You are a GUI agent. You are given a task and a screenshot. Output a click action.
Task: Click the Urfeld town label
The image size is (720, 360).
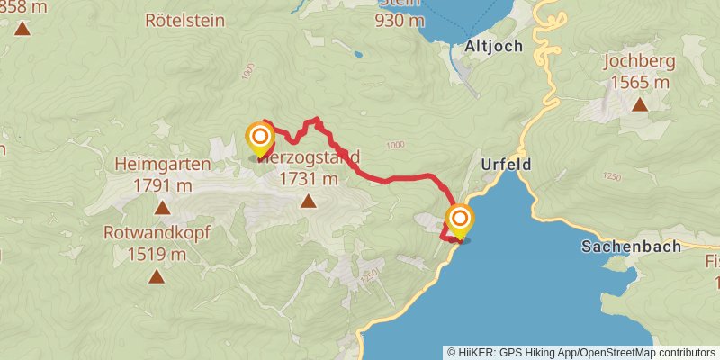(506, 165)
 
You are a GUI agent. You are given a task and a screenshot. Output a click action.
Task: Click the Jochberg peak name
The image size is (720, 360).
(638, 64)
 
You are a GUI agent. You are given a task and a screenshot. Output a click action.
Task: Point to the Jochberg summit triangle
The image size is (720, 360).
(639, 105)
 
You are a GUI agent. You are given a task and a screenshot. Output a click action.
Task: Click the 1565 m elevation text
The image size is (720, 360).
(638, 83)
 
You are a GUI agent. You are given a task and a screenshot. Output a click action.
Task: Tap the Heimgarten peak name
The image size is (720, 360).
(163, 165)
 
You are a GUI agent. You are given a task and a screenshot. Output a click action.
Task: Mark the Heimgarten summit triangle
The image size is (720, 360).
(163, 208)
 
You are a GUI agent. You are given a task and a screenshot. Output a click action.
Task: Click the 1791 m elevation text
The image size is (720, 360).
(163, 185)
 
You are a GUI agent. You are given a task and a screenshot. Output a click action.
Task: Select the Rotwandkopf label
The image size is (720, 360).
(157, 232)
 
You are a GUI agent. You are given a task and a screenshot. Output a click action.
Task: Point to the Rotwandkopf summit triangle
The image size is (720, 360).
(157, 276)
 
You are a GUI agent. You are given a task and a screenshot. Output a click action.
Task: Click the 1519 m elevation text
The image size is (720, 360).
(157, 253)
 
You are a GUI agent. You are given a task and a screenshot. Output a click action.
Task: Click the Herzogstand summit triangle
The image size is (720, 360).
(309, 201)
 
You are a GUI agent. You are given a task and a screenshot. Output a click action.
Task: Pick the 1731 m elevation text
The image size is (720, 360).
(309, 178)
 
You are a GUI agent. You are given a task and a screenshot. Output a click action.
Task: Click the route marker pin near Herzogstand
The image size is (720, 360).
(260, 138)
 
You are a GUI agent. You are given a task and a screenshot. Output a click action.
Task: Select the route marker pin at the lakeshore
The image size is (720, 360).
(460, 219)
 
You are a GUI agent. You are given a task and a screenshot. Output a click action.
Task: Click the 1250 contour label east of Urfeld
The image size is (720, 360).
(613, 177)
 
